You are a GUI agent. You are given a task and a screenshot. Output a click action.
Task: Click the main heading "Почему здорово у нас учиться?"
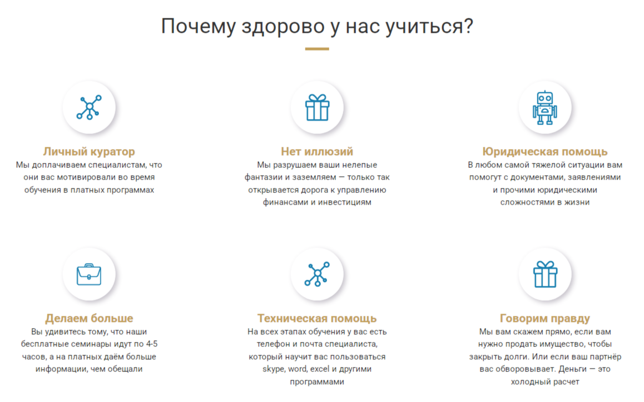(x=317, y=26)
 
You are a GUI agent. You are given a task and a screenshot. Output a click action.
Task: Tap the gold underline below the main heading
(x=317, y=49)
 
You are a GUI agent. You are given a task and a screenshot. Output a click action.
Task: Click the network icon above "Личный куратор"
(x=89, y=107)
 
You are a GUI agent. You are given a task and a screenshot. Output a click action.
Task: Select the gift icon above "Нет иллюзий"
(x=317, y=107)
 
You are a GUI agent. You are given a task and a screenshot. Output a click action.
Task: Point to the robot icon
(x=545, y=107)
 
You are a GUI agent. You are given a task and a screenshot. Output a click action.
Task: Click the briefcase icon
(x=89, y=274)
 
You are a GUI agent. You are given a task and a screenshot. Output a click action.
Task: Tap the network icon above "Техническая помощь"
(x=317, y=274)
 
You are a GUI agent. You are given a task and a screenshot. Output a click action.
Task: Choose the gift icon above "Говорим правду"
(x=545, y=274)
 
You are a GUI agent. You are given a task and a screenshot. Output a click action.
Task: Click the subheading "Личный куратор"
(x=89, y=152)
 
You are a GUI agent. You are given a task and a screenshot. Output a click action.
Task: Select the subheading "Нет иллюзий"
(x=317, y=152)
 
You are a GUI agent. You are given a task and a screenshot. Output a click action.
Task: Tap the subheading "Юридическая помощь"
(x=545, y=152)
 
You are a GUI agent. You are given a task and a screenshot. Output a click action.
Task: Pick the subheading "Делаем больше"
(x=89, y=318)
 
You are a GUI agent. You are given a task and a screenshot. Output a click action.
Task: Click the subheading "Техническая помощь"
(x=317, y=318)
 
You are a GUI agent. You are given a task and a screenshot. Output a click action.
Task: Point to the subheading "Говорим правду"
(x=545, y=318)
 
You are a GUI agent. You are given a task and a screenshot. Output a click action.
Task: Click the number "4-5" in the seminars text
(x=152, y=344)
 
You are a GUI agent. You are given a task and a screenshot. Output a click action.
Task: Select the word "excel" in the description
(x=320, y=369)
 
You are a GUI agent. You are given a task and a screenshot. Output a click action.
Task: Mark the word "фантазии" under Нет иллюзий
(x=263, y=177)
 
